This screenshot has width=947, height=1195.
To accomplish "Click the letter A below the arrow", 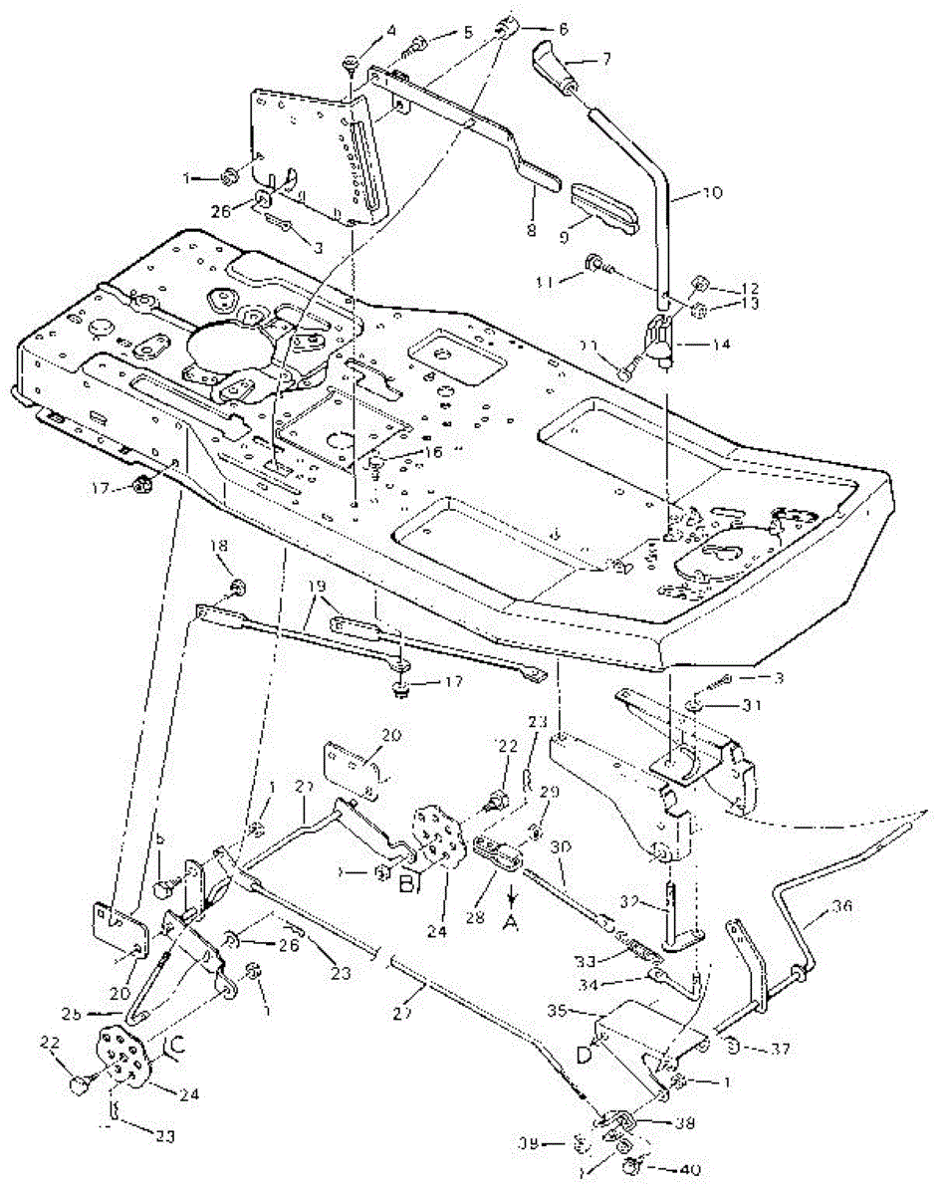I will tap(511, 923).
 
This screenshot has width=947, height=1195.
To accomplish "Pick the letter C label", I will tap(177, 1045).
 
